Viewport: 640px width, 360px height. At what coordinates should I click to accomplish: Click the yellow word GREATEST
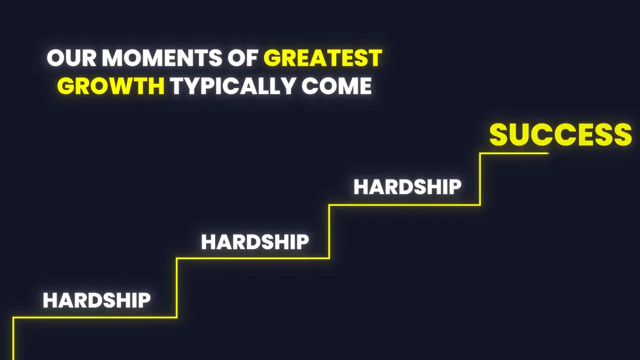(323, 58)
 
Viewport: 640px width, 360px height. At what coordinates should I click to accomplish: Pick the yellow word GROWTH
(110, 86)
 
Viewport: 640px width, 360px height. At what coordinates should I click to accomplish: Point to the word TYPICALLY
(232, 86)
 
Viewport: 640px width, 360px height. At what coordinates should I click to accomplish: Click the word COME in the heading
(336, 86)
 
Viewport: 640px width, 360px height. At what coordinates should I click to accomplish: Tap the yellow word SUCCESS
(560, 135)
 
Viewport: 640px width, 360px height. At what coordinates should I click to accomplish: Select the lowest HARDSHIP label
(96, 300)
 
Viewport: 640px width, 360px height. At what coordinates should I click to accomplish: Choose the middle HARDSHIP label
(255, 242)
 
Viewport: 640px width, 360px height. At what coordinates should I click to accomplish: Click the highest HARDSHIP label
(407, 187)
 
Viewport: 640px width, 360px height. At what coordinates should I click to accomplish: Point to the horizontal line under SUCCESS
(515, 153)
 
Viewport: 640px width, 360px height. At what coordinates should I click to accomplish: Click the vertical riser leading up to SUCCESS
(480, 179)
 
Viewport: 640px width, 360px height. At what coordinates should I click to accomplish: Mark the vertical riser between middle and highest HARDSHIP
(329, 231)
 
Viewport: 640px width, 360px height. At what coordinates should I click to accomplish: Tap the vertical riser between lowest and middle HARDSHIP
(176, 287)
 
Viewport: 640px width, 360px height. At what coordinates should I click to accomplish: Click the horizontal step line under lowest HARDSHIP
(95, 317)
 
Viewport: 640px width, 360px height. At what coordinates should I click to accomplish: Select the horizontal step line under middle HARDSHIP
(252, 258)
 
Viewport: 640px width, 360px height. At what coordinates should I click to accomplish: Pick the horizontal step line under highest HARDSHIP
(405, 204)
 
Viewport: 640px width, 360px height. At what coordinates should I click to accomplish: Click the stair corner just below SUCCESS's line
(480, 204)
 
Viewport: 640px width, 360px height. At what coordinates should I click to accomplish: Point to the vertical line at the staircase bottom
(13, 340)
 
